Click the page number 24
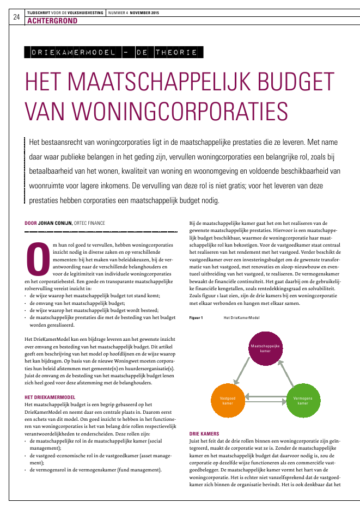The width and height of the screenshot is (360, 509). pos(15,17)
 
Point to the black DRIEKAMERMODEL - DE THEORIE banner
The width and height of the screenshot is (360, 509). pos(114,53)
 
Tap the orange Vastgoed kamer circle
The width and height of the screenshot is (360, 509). pos(228,401)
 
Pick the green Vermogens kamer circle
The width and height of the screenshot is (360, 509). pos(303,401)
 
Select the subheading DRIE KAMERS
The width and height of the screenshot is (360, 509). pos(204,434)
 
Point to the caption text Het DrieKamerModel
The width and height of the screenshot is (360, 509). pos(242,317)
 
